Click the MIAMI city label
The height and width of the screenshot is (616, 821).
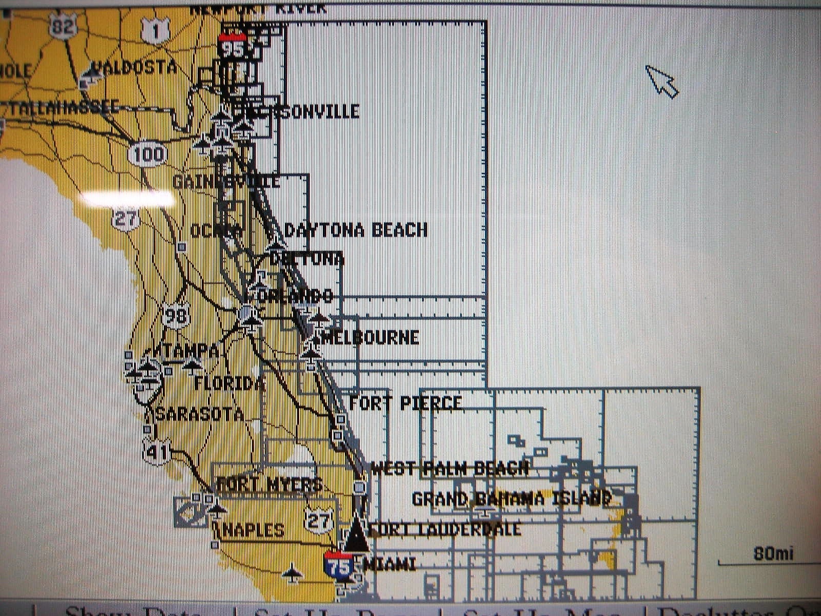tap(389, 565)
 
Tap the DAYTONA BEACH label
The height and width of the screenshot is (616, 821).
tap(356, 230)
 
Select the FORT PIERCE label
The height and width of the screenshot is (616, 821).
tap(405, 403)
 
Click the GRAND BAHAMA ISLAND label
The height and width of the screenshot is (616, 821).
tap(512, 498)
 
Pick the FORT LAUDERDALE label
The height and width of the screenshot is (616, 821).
tap(444, 529)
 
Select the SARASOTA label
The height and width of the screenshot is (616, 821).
tap(199, 414)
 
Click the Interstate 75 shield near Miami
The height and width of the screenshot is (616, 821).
tap(338, 566)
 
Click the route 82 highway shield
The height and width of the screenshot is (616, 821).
tap(63, 26)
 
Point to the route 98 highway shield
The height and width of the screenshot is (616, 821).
tap(176, 315)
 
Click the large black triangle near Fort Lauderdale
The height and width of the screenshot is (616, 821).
tap(356, 537)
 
